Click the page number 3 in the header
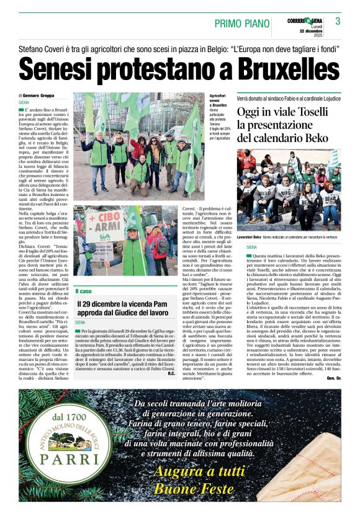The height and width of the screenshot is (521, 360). tap(338, 21)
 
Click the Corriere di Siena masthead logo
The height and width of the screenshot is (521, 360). tap(305, 21)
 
